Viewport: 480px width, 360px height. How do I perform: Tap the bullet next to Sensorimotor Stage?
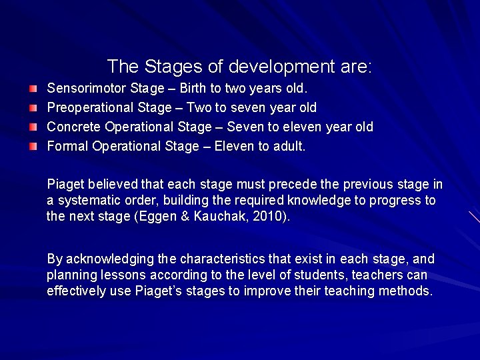33,88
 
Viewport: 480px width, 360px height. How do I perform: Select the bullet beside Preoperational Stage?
33,107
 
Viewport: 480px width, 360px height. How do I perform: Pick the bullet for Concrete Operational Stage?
33,127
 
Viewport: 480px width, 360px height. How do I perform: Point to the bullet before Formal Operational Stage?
33,146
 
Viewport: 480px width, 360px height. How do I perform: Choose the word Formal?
67,146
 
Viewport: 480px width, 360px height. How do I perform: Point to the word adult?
289,146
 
